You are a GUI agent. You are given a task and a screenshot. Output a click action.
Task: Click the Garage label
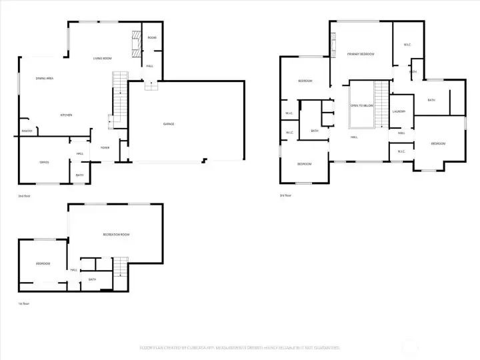[169, 124]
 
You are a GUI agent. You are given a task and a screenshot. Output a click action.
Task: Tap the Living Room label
[101, 59]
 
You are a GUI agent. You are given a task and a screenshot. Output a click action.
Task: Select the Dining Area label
[45, 79]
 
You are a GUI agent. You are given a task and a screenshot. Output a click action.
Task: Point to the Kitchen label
[66, 115]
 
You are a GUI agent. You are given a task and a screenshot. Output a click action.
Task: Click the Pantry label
[27, 131]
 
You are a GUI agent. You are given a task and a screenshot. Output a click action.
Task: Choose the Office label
[44, 162]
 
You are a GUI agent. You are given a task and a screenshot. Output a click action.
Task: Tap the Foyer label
[105, 147]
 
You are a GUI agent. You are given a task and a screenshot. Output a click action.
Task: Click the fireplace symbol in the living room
[136, 43]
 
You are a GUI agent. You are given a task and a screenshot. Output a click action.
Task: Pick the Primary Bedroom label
[361, 54]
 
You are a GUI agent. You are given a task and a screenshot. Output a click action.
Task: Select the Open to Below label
[362, 105]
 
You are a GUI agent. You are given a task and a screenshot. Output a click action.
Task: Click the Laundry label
[399, 111]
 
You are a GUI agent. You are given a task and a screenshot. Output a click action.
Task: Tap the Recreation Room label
[116, 235]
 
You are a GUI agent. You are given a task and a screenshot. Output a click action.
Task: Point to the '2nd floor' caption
[25, 196]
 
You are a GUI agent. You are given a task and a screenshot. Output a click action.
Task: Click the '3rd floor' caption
[287, 195]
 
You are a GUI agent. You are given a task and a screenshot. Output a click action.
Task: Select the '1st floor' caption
[23, 303]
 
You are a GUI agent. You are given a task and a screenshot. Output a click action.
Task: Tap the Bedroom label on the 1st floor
[43, 263]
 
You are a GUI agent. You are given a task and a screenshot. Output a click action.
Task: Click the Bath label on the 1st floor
[92, 279]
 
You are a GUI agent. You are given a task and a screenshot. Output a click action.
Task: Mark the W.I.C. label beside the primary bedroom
[407, 45]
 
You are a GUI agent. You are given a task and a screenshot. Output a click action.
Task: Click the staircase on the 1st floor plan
[120, 268]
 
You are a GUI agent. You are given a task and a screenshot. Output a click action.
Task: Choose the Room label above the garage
[152, 38]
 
